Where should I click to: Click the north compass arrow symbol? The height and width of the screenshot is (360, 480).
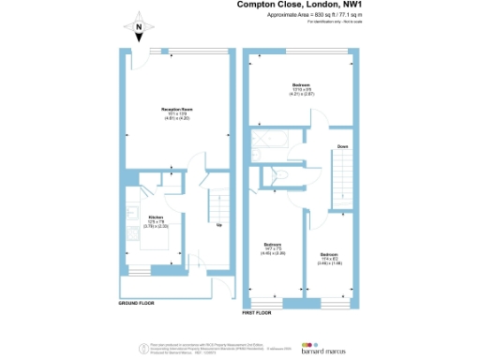coord(138,28)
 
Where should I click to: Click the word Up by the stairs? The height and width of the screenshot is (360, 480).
coord(219,224)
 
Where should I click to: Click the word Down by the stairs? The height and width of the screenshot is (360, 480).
coord(343,146)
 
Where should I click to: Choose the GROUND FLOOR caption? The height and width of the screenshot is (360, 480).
coord(137,304)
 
